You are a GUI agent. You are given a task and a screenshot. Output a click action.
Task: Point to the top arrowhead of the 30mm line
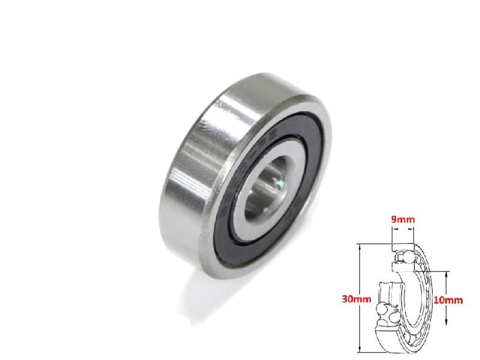coord(359,245)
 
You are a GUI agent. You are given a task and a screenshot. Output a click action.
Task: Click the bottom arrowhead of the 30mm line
coord(359,351)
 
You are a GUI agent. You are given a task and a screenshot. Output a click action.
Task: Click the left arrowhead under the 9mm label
coord(393,230)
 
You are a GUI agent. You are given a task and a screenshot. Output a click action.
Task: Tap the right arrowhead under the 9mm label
coord(413,230)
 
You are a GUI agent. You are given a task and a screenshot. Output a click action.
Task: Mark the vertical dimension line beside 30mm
coord(359,280)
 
